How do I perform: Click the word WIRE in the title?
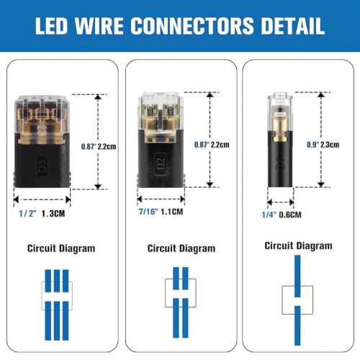point(99,26)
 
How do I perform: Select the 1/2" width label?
point(27,213)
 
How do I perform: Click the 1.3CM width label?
point(53,213)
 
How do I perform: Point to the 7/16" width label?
point(148,212)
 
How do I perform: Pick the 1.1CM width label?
point(172,212)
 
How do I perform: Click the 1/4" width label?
point(269,215)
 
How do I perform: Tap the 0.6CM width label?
point(290,215)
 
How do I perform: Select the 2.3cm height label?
point(330,145)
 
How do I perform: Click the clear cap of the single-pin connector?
point(280,113)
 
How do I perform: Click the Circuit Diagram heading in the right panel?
point(298,246)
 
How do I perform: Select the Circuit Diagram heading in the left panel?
point(61,248)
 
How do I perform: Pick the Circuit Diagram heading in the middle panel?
point(181,248)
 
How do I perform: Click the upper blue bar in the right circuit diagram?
point(297,276)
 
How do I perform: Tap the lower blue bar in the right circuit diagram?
point(297,325)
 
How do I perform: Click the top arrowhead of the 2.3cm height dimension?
point(321,95)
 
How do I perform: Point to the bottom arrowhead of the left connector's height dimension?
point(98,186)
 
